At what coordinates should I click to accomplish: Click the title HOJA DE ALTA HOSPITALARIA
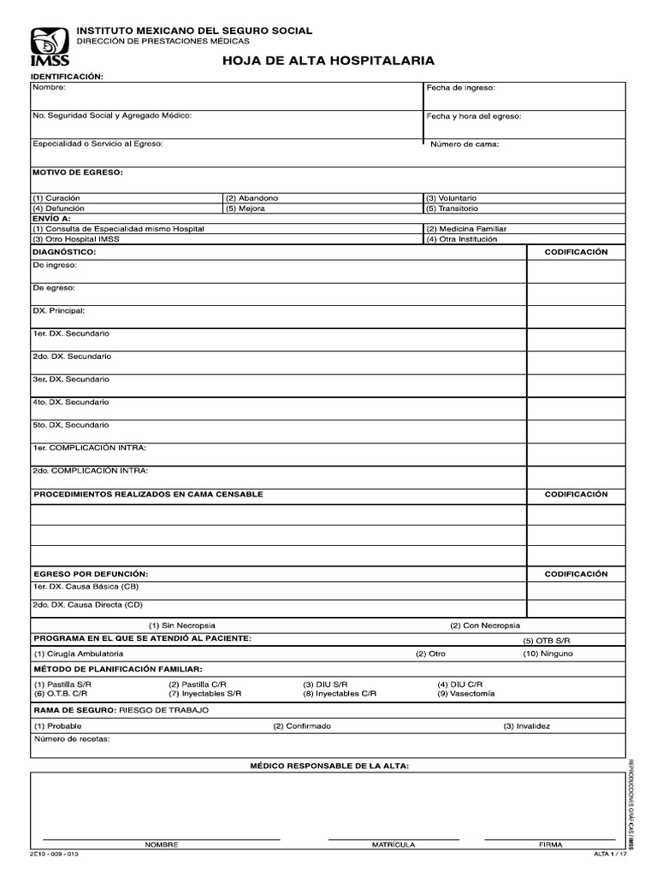coord(328,61)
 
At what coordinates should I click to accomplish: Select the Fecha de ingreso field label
coord(460,87)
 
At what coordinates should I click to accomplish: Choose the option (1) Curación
coord(58,197)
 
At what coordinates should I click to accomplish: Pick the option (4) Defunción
coord(59,208)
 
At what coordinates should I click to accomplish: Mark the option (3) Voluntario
coord(452,197)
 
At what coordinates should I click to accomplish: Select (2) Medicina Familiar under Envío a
coord(466,229)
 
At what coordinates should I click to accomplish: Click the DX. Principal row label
coord(59,310)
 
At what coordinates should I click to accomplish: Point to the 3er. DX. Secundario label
coord(71,379)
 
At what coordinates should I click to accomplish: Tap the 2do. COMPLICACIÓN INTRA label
coord(90,470)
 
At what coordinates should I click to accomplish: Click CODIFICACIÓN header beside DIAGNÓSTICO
coord(576,252)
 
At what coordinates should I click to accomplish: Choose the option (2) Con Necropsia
coord(485,625)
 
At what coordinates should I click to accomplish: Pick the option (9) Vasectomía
coord(465,694)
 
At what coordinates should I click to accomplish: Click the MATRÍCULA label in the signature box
coord(393,844)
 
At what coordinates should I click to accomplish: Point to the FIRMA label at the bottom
coord(550,844)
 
